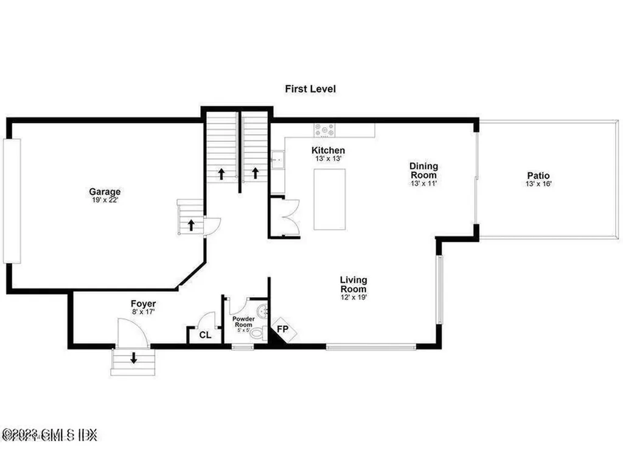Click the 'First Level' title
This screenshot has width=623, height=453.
[310, 89]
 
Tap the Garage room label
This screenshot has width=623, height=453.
[105, 191]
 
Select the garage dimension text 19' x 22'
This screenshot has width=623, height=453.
[105, 200]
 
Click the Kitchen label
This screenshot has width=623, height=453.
[328, 150]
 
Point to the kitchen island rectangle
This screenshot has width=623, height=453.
[329, 199]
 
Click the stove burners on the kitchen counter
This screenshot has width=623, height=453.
[324, 130]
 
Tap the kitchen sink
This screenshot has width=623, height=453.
[277, 160]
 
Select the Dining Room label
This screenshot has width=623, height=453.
[423, 170]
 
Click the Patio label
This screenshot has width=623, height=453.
[538, 175]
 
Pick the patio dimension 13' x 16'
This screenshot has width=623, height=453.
[538, 184]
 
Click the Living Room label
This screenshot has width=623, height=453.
[353, 284]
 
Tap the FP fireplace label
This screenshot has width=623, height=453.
[283, 329]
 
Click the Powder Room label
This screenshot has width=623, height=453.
[243, 321]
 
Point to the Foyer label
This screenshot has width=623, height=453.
[143, 303]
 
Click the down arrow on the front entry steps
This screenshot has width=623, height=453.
[133, 359]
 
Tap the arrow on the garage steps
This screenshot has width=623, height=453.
[191, 225]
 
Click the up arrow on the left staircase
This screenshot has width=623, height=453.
[221, 173]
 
